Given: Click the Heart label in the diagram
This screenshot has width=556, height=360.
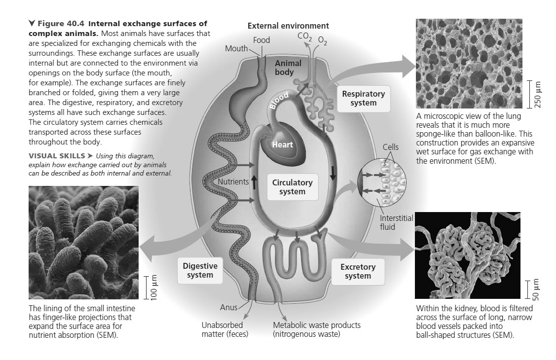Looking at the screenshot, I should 283,144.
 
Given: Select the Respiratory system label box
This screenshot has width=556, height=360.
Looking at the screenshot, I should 363,98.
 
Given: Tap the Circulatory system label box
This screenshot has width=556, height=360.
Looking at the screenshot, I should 292,187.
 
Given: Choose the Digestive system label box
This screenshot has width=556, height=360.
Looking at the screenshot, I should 199,270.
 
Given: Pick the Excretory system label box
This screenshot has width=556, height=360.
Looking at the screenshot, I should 358,271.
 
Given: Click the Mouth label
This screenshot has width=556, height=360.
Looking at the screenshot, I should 236,48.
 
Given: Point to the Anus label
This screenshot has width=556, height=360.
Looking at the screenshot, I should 228,307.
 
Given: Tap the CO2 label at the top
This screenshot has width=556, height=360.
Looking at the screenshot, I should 304,36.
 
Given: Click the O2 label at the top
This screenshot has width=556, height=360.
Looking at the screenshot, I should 323,39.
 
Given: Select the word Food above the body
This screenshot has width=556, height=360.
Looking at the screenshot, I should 261,40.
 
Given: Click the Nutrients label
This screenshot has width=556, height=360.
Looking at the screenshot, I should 233,181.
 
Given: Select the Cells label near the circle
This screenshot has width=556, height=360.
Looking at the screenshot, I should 390,147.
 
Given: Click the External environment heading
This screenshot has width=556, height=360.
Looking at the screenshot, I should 288,26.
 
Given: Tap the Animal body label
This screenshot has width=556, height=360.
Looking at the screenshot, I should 288,68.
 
